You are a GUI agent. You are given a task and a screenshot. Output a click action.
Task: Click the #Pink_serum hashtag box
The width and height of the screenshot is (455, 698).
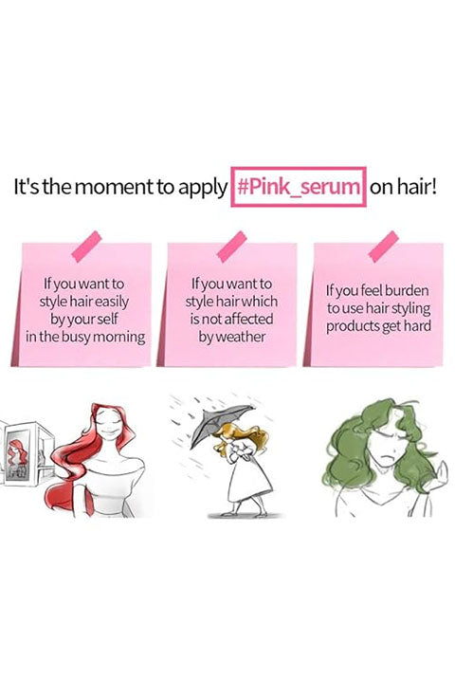coord(299,187)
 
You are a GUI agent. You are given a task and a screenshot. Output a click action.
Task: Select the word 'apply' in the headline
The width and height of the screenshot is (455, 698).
coord(202,189)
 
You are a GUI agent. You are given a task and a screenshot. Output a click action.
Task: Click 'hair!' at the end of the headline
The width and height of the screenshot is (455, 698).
coord(417,186)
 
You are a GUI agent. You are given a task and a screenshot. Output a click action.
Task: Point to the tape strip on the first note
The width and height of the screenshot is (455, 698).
coord(87,246)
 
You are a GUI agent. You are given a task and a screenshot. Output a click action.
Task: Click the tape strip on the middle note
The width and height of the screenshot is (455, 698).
coord(231,246)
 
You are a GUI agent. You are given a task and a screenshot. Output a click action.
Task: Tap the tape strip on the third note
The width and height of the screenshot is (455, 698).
coord(383,246)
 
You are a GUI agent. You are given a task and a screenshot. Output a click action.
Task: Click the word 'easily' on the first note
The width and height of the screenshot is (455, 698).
coord(112,303)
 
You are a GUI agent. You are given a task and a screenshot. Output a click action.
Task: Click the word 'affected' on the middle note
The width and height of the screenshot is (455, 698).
coord(248,319)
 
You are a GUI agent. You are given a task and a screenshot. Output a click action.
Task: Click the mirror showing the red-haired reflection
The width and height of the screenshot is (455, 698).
coord(19,455)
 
